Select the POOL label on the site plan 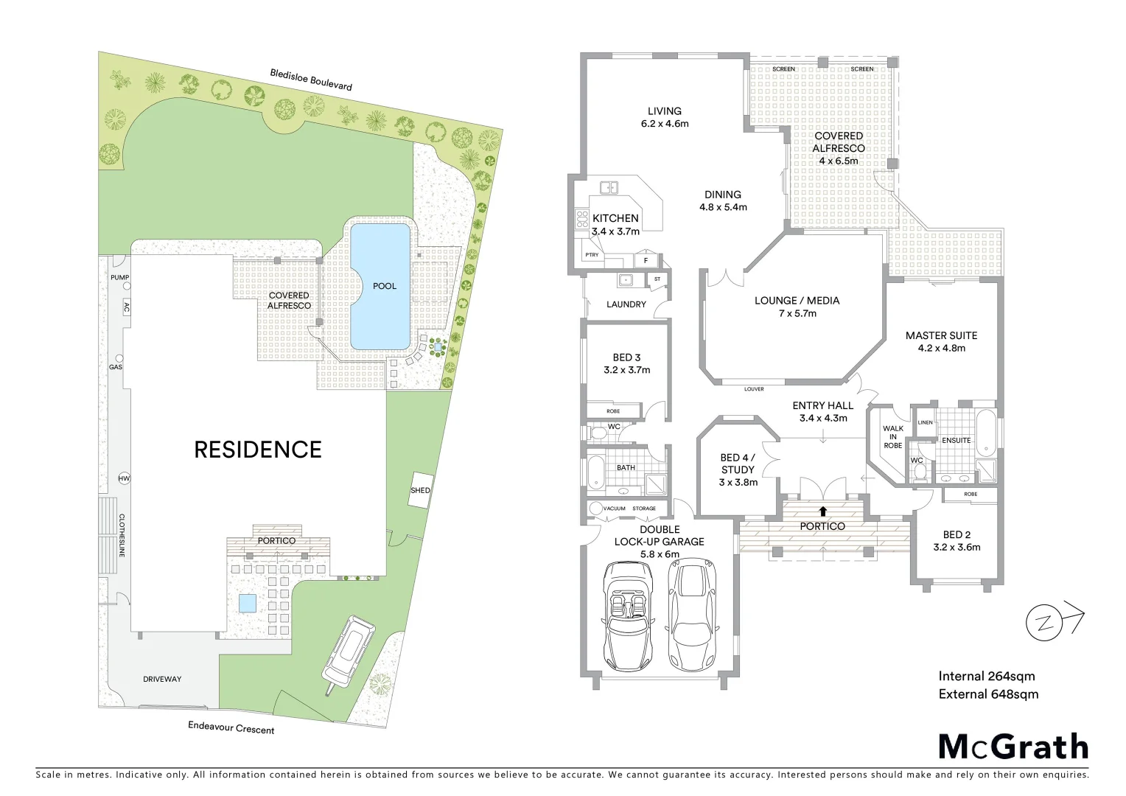pos(384,286)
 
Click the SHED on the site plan pos(420,489)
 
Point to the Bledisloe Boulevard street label pos(310,80)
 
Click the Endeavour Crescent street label pos(231,728)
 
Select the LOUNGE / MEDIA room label pos(797,301)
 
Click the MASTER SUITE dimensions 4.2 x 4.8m pos(941,348)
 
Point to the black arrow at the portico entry pos(822,510)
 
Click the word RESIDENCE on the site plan pos(257,450)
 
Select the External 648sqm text pos(987,694)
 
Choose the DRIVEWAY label pos(161,679)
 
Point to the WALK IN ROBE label pos(892,436)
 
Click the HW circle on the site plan pos(124,479)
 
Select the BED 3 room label pos(626,357)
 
